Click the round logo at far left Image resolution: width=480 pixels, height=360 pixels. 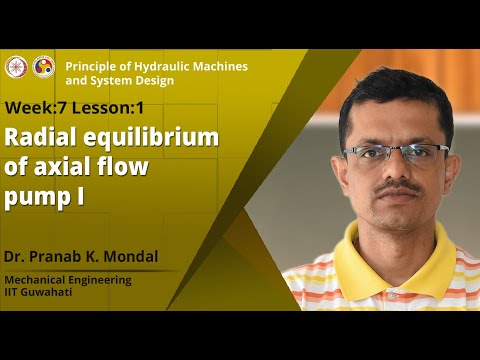tap(16, 66)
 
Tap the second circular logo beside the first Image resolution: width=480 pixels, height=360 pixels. tap(43, 66)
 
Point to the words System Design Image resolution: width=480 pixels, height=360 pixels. tap(133, 80)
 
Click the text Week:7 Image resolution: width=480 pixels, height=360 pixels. tap(38, 107)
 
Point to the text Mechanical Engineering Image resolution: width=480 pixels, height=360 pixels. tap(68, 280)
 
